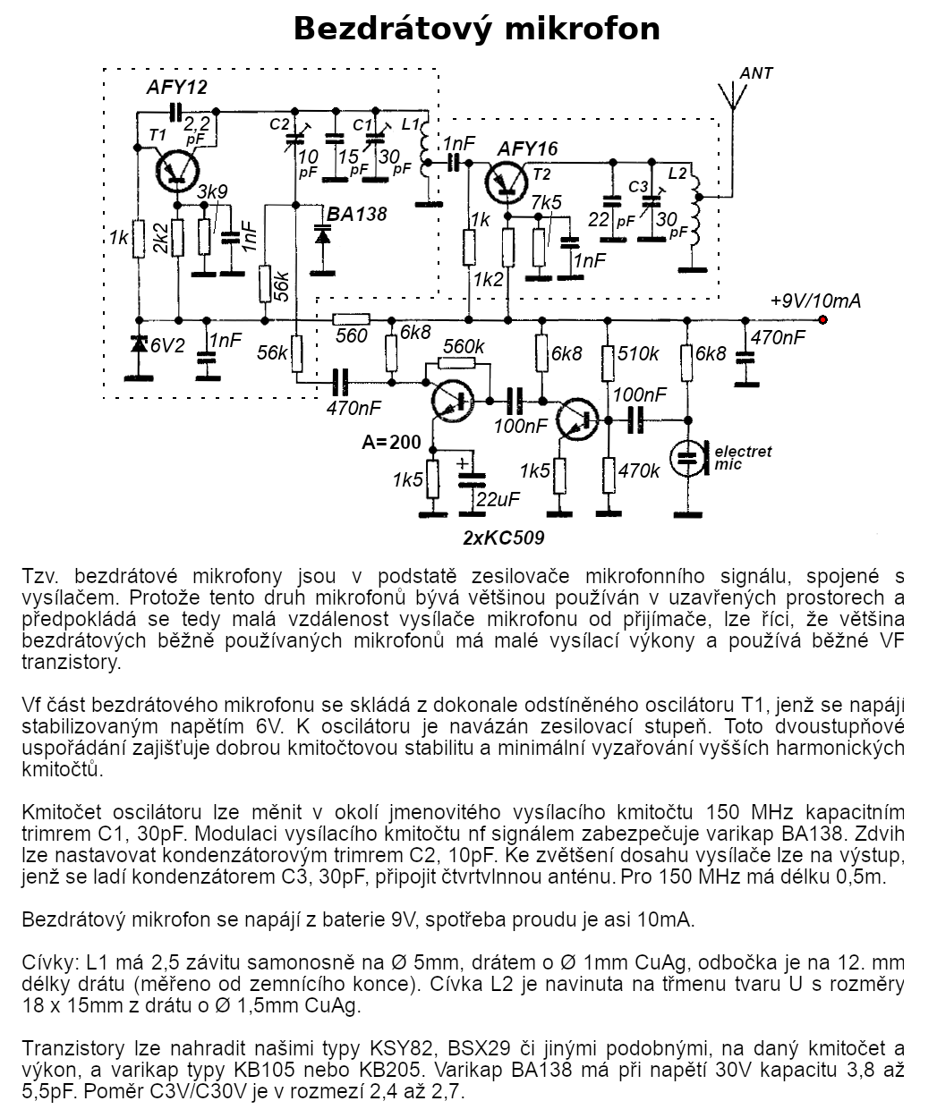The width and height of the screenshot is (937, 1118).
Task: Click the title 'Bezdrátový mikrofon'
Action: (x=476, y=30)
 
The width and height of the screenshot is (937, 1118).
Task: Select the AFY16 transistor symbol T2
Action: (x=507, y=182)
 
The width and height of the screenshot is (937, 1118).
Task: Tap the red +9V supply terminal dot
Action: (x=822, y=320)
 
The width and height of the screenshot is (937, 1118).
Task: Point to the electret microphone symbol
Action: (x=689, y=458)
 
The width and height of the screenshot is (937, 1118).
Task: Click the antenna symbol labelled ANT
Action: (x=732, y=97)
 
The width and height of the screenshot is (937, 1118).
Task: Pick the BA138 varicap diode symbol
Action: (x=322, y=235)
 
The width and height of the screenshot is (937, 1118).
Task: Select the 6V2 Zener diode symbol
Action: (x=139, y=343)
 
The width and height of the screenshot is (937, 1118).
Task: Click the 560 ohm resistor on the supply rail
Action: (x=352, y=320)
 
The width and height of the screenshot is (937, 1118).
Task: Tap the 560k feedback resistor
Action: (x=456, y=363)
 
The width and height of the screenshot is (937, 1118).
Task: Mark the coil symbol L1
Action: (x=426, y=148)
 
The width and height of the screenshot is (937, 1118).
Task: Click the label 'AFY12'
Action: (x=177, y=88)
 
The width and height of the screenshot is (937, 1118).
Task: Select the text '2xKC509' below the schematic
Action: (x=504, y=538)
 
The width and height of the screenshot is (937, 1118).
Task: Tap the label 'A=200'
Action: (x=392, y=442)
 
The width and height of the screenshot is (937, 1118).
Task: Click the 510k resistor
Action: (x=608, y=363)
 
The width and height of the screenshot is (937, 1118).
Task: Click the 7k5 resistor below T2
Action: (x=540, y=247)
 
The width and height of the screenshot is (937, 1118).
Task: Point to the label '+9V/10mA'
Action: (x=815, y=301)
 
